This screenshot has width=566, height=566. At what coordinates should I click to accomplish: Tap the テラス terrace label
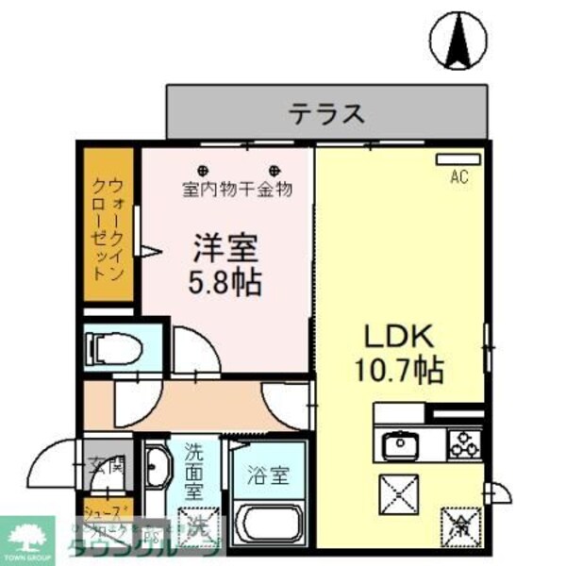326,114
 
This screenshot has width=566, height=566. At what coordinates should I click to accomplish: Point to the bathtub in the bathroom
267,523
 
